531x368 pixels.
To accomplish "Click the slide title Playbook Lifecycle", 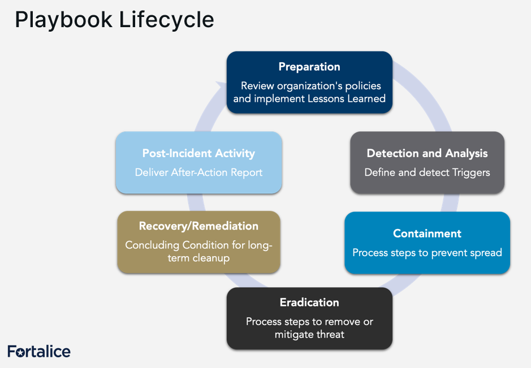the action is pos(114,20).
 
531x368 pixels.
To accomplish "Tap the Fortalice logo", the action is pos(39,352).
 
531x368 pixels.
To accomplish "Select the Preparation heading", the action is pos(309,67).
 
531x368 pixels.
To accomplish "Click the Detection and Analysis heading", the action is pos(427,153).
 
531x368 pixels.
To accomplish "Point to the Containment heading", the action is pos(427,233).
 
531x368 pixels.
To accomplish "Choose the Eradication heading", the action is pos(309,302).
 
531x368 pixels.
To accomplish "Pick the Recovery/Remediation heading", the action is pos(198,226).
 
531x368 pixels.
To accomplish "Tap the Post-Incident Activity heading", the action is pos(198,153).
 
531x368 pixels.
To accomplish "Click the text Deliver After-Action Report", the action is pos(198,172).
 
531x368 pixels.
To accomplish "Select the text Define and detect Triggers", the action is pos(427,172).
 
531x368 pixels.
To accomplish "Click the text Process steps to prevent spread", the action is pos(427,253).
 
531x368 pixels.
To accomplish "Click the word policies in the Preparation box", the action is pos(363,86).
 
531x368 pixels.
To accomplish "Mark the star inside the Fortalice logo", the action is pos(20,353).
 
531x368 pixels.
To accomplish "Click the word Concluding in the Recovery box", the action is pos(152,245).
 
